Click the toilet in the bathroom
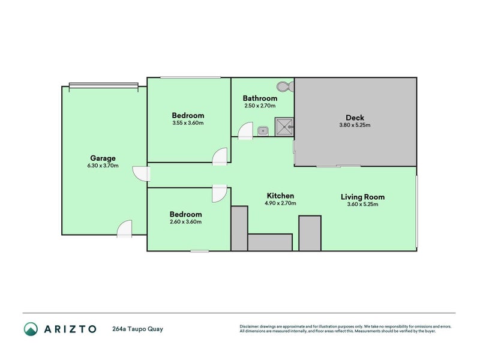pos(285,86)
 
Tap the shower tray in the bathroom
pos(284,127)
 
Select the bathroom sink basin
pos(263,131)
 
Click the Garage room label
pos(103,158)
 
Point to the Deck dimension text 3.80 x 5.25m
pos(355,125)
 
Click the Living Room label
pos(363,197)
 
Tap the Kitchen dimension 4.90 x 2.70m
pos(280,203)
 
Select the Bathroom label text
pos(260,98)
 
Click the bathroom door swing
pos(245,131)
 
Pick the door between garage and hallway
pos(141,174)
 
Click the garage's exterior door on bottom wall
pos(125,229)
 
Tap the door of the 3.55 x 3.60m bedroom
pos(220,157)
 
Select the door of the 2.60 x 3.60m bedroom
pos(220,193)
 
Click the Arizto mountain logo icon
pos(31,329)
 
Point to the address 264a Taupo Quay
pos(138,329)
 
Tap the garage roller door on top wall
pos(103,86)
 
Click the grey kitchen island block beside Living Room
pos(310,233)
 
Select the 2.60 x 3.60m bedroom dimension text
pos(185,221)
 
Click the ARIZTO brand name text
pos(70,329)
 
